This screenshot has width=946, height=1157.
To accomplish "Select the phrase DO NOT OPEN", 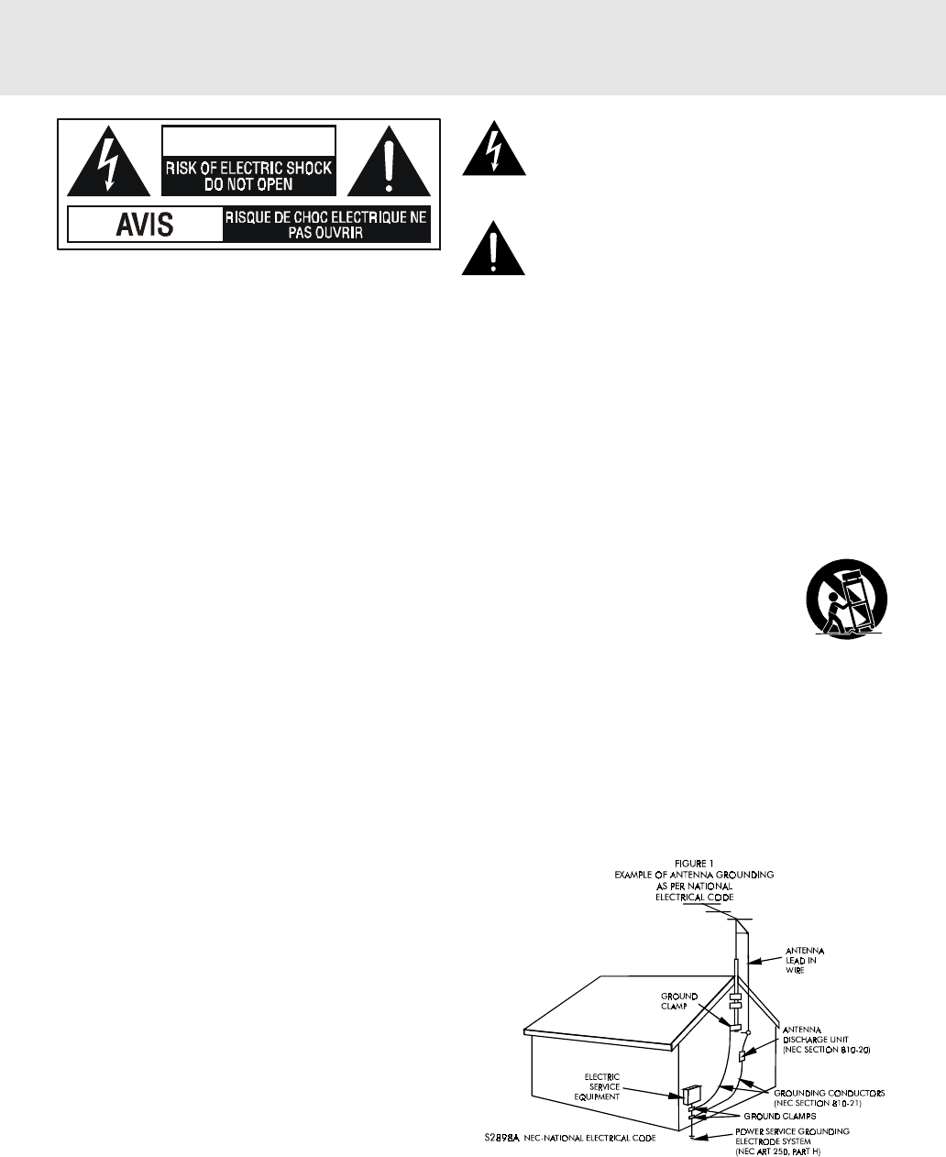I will click(x=248, y=183).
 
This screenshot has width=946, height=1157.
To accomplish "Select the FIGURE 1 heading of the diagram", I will click(x=693, y=864).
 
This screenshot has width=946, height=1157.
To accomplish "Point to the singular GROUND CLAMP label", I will click(x=679, y=1000).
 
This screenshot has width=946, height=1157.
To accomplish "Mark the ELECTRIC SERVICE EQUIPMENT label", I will click(x=597, y=1086).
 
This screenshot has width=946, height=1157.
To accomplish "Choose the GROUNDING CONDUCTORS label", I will click(x=829, y=1093).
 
